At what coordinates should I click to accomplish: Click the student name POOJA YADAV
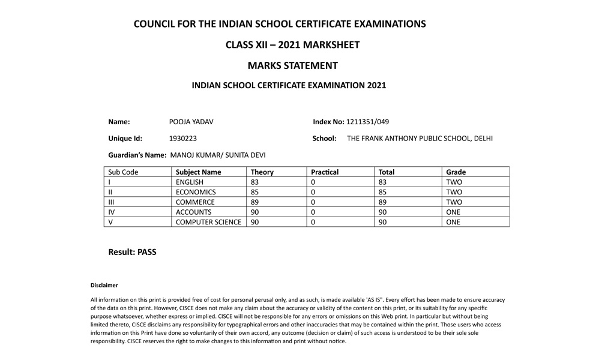coord(191,122)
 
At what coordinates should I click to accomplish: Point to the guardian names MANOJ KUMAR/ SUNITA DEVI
coord(218,155)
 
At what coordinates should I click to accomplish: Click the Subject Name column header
coord(198,172)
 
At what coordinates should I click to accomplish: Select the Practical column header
coord(325,172)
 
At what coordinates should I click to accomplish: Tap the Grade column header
coord(456,172)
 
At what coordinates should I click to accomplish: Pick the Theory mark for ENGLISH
coord(254,182)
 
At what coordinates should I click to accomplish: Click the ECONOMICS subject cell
coord(195,192)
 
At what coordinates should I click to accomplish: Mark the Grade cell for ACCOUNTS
coord(453,212)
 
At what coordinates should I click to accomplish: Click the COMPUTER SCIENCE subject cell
coord(208,222)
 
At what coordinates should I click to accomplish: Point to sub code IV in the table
coord(112,212)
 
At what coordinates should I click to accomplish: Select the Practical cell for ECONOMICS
coord(313,192)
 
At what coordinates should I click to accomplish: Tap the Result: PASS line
coord(132,252)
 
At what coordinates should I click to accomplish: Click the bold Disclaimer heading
coord(104,285)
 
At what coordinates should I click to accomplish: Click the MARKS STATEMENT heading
coord(292,65)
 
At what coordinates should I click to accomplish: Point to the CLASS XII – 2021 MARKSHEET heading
coord(292,44)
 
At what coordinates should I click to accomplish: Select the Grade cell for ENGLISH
coord(454,182)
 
